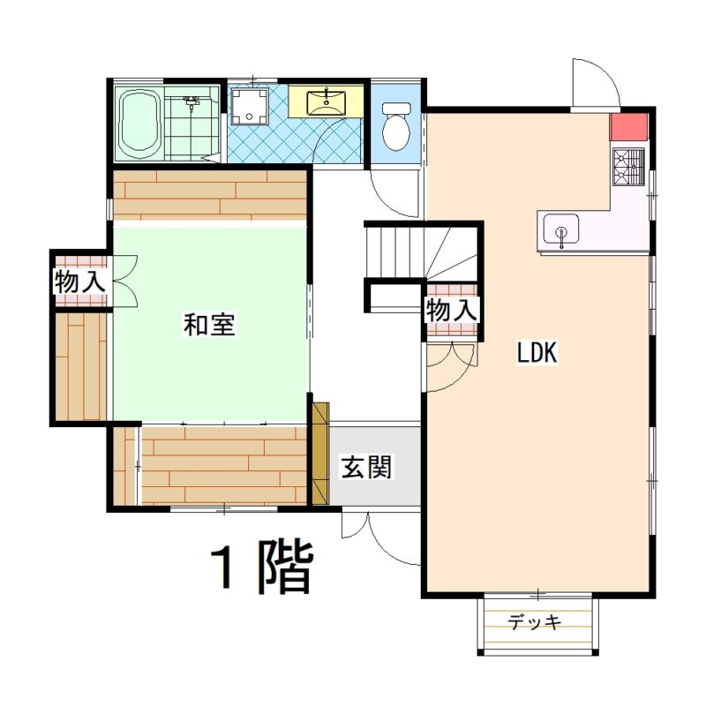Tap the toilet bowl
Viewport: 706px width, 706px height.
point(396,126)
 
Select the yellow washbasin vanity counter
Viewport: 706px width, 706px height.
point(326,101)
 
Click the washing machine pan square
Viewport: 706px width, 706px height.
point(250,106)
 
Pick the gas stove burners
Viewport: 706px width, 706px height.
point(628,167)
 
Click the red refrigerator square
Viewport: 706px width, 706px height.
point(628,126)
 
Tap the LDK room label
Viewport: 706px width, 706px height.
point(537,352)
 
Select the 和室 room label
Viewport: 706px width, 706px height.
point(209,324)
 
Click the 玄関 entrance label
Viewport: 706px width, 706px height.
point(366,467)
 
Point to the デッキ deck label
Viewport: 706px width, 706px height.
point(535,622)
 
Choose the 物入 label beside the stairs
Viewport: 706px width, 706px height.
point(452,311)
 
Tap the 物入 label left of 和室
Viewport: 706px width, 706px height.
point(80,282)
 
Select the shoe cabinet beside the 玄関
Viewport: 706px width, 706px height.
point(320,454)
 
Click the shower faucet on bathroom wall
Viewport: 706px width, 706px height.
point(192,101)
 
